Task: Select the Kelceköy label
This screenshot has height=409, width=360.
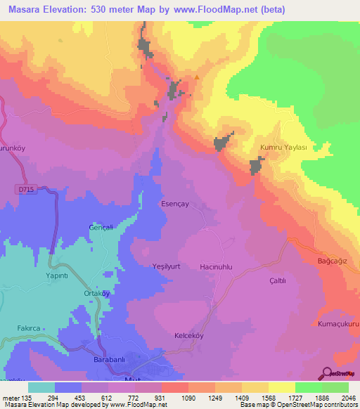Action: click(x=189, y=336)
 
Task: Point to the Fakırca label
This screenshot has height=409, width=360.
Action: click(x=30, y=328)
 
